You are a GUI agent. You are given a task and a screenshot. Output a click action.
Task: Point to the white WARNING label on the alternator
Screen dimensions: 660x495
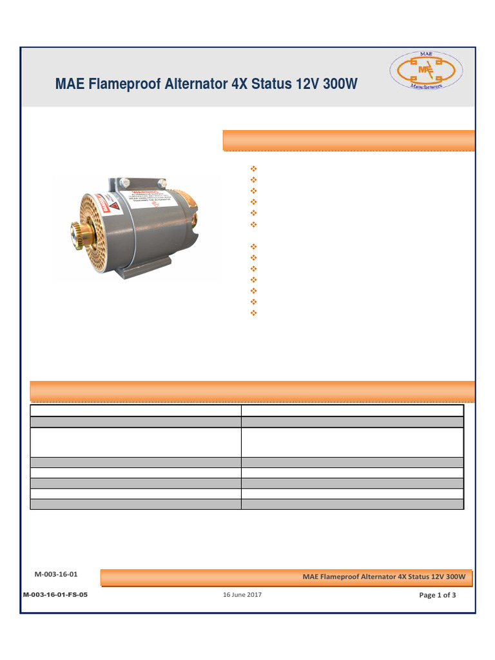tap(151, 202)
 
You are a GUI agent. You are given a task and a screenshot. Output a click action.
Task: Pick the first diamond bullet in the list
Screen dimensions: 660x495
tap(253, 169)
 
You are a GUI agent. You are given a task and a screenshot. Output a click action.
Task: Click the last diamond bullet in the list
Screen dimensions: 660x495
tap(253, 313)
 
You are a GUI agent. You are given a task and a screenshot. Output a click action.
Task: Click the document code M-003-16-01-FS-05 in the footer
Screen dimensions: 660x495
tap(55, 595)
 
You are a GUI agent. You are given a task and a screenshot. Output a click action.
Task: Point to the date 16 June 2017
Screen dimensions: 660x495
tap(242, 595)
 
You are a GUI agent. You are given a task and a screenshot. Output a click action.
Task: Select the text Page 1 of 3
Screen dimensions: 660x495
tap(437, 595)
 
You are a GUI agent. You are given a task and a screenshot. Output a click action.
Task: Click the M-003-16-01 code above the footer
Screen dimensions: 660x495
tap(56, 574)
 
